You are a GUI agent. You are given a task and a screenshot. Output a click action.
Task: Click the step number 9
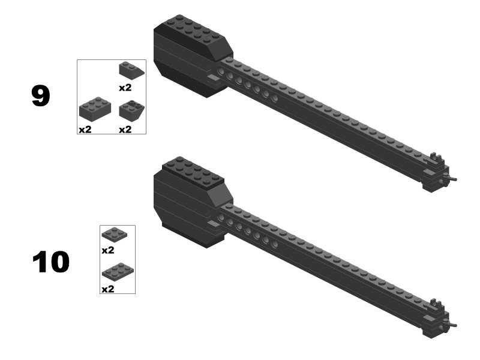40,96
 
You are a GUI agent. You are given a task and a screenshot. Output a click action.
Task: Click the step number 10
51,262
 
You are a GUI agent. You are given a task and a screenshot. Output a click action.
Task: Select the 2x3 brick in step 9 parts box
95,109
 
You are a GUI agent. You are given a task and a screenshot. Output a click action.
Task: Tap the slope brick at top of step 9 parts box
131,70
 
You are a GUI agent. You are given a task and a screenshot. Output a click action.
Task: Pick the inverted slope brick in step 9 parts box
131,111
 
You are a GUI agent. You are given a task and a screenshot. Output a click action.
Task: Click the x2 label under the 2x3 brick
85,130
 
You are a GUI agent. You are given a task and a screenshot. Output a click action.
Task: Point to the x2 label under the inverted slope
125,130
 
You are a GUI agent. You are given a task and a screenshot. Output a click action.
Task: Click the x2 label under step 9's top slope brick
125,88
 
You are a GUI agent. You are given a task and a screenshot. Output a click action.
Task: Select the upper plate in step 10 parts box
114,235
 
